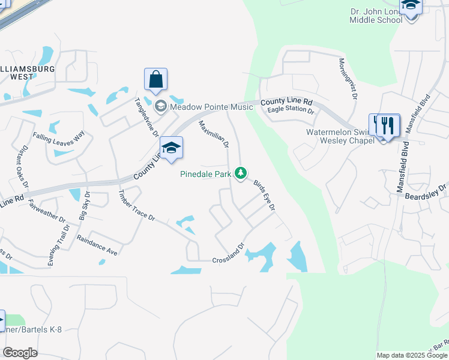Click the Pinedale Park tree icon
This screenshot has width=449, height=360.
pyautogui.click(x=241, y=173)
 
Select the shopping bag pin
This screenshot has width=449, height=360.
pyautogui.click(x=155, y=79)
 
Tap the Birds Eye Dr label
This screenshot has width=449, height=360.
pyautogui.click(x=264, y=195)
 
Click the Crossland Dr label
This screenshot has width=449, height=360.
pyautogui.click(x=229, y=253)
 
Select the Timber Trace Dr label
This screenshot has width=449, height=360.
pyautogui.click(x=136, y=206)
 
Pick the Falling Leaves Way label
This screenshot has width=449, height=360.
pyautogui.click(x=59, y=136)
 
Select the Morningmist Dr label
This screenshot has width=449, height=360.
pyautogui.click(x=348, y=79)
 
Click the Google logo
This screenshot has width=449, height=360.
pyautogui.click(x=20, y=353)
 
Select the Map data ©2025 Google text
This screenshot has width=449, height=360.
pyautogui.click(x=411, y=355)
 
